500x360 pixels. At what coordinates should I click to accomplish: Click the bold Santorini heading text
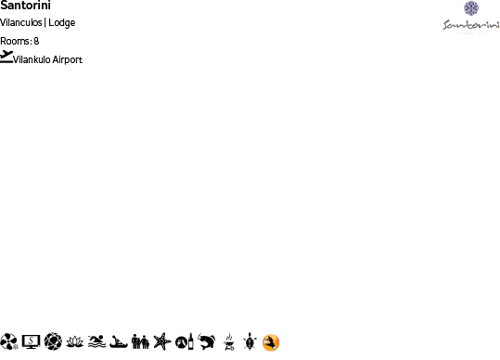tap(25, 6)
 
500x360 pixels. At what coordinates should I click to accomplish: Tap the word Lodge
tap(62, 22)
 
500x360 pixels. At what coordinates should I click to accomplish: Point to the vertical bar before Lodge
tap(45, 22)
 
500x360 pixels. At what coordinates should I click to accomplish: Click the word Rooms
tap(15, 41)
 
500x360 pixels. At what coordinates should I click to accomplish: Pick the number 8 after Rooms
tap(36, 41)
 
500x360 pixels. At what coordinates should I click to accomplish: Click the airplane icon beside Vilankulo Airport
tap(7, 57)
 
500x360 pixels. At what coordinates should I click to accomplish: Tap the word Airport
tap(67, 59)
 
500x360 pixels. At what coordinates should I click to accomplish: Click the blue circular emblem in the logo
tap(471, 8)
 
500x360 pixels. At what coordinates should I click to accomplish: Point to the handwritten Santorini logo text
tap(470, 25)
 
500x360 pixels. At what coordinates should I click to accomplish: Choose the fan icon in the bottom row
tap(9, 341)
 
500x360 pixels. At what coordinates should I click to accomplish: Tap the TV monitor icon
tap(31, 341)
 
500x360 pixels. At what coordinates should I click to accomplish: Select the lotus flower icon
tap(75, 341)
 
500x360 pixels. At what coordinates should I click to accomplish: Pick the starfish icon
tap(162, 341)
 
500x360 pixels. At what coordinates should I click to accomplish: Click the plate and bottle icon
tap(184, 341)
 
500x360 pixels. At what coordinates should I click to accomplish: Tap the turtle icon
tap(249, 341)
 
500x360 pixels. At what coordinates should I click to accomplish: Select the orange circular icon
tap(271, 342)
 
